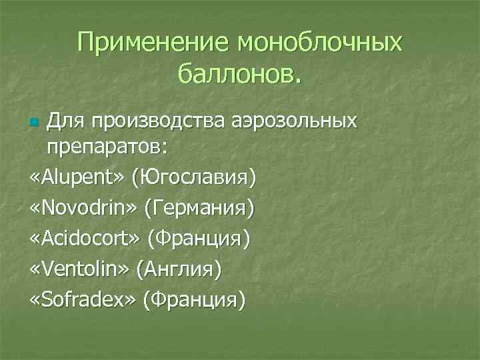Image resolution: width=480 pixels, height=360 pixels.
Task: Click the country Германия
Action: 203,209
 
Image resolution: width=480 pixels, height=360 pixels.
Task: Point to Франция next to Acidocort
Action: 199,239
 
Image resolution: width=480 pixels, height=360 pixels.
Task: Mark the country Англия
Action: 178,269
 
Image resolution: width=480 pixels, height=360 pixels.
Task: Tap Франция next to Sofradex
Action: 194,299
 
